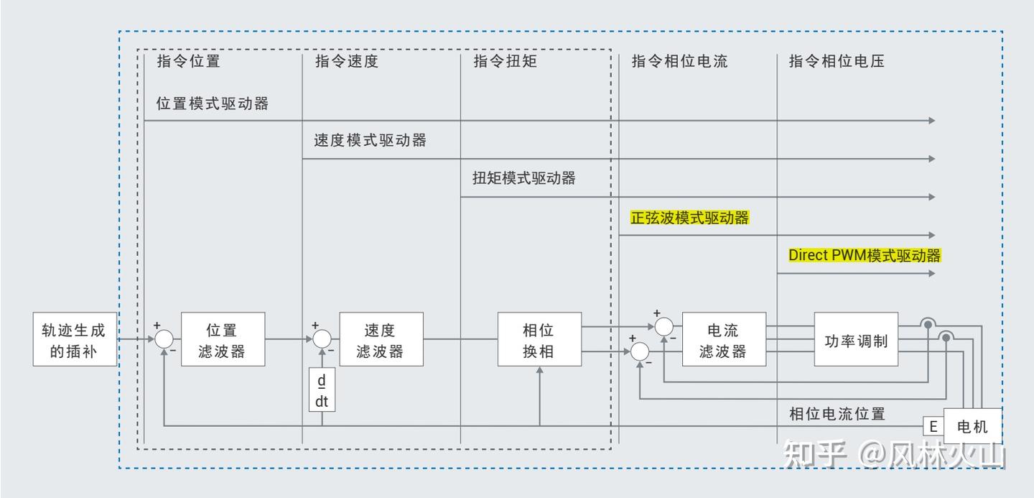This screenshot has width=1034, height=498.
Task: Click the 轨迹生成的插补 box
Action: (x=75, y=339)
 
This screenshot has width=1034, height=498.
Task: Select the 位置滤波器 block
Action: (x=223, y=339)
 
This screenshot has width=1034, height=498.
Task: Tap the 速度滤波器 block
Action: (x=381, y=339)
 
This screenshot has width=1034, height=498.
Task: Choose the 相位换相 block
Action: (x=539, y=339)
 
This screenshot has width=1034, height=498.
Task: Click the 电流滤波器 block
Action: (x=724, y=339)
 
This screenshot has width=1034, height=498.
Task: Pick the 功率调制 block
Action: (x=856, y=339)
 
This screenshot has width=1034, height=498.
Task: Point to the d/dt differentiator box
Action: (x=322, y=389)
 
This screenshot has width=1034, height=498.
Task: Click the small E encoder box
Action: (x=933, y=426)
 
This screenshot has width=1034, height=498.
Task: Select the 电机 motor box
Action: (x=972, y=426)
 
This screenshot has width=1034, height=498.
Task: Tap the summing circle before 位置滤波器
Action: (x=164, y=339)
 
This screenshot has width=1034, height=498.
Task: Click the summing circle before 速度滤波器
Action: (x=322, y=339)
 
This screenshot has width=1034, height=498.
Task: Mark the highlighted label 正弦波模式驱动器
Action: (x=689, y=218)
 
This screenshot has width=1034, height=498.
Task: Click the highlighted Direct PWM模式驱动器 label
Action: (x=865, y=256)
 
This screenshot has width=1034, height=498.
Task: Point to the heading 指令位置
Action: (x=188, y=61)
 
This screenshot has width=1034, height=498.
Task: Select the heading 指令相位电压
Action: (x=837, y=61)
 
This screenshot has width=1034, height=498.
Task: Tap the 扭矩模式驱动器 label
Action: (x=524, y=178)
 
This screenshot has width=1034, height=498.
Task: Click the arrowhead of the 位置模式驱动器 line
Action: (x=932, y=121)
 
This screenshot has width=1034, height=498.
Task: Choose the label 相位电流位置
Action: (x=837, y=414)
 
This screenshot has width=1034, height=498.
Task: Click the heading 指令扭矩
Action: (x=505, y=61)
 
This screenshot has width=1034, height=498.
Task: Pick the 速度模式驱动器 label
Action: (x=371, y=140)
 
